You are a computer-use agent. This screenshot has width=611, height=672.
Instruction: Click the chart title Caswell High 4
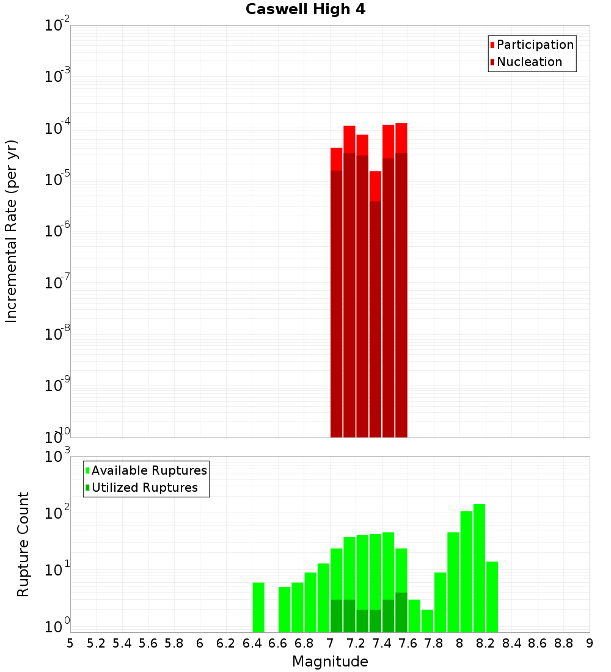coord(305,10)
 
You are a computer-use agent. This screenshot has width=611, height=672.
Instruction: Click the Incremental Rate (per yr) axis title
coord(12,231)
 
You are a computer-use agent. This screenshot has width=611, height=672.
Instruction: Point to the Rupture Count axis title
coord(23,544)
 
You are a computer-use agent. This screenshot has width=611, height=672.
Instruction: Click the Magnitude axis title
coord(330,662)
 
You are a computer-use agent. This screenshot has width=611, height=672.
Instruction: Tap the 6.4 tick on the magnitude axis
coord(252,643)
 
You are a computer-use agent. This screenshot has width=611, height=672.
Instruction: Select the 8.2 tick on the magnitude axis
coord(486,643)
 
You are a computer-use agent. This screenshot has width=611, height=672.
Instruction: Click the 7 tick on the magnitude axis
coord(330,643)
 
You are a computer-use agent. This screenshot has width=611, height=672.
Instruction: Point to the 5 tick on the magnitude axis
coord(70,643)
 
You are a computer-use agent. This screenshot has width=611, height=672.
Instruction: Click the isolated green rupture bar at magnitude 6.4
coord(258,607)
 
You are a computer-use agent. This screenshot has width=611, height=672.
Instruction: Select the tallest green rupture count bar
coord(479,568)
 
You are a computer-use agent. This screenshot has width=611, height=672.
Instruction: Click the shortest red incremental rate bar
coord(375,305)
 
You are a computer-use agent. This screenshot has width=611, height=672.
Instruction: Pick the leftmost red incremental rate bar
coord(336,293)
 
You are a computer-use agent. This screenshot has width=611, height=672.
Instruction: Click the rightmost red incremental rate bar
coord(401,281)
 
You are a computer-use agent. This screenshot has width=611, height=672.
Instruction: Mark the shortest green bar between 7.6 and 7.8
coord(427,621)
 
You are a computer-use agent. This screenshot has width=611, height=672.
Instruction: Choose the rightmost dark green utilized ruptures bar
coord(401,612)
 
